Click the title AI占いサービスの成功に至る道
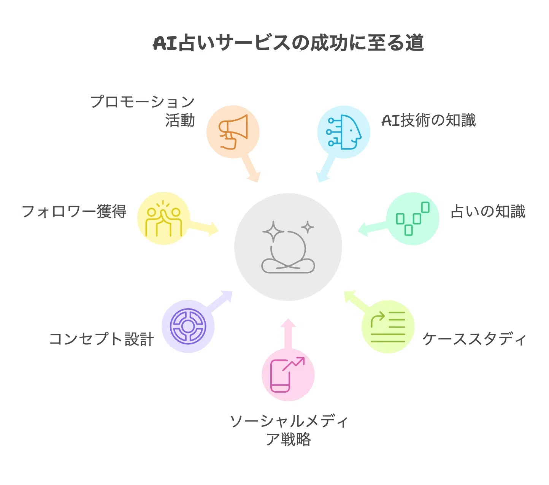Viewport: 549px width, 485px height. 288,43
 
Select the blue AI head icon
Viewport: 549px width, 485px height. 344,132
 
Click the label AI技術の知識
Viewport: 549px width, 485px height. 428,120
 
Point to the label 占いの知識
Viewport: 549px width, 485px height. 488,211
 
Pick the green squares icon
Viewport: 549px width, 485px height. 413,219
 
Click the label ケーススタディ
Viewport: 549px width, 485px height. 474,339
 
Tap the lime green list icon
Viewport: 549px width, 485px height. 388,327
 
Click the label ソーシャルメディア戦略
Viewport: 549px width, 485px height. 289,430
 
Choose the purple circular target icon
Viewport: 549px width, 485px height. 188,326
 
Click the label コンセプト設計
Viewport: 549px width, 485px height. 102,339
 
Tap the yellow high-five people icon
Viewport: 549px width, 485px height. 163,218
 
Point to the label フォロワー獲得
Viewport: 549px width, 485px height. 74,211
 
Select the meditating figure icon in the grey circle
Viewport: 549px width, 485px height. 288,247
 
